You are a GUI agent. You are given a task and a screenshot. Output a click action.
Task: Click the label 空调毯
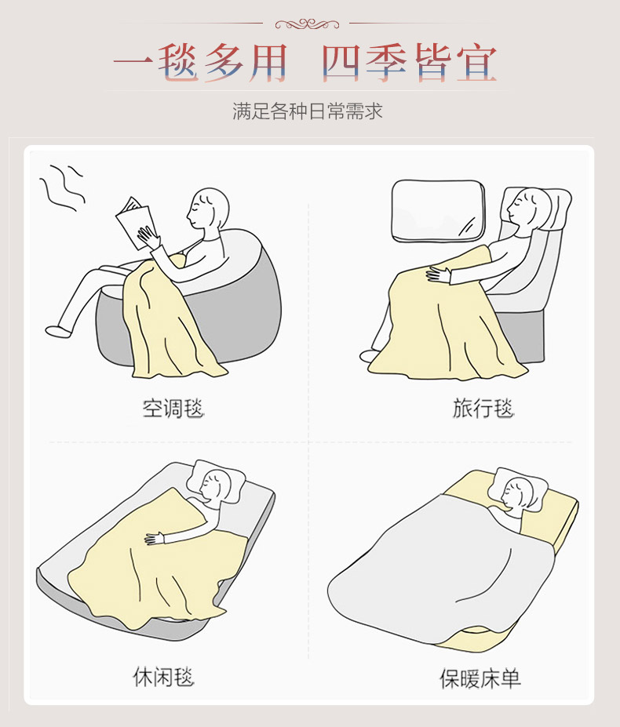173,409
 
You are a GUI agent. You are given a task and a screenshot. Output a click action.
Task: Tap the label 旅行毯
483,409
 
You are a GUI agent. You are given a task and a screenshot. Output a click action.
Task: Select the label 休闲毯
163,677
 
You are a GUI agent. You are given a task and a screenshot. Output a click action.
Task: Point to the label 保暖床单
480,679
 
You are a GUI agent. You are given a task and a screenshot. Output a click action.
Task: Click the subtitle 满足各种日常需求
307,111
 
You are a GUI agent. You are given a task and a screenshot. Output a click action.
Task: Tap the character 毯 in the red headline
178,63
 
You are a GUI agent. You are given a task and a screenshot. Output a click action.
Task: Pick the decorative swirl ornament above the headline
307,24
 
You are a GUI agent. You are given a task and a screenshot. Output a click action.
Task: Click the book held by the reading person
136,223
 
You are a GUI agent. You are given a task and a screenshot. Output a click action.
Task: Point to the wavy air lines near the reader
62,187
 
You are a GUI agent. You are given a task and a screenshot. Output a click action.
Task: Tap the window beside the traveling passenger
438,211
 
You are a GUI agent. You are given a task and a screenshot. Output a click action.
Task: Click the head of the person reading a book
208,208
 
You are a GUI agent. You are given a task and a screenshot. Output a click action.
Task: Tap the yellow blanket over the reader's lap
170,320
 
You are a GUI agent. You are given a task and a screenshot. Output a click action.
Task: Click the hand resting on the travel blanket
438,274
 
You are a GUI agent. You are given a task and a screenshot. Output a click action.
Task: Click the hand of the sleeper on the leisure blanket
155,538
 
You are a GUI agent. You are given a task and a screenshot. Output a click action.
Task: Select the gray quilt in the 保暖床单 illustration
441,570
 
